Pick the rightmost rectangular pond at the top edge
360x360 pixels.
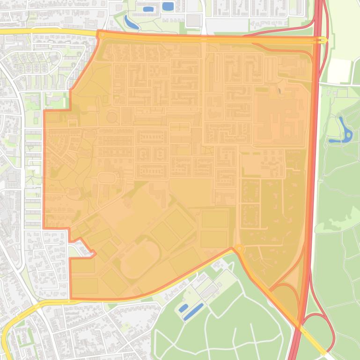pyautogui.click(x=167, y=7)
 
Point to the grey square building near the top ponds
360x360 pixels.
pyautogui.click(x=193, y=20)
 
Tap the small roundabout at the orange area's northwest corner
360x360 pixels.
pyautogui.click(x=101, y=34)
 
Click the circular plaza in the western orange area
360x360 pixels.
pyautogui.click(x=112, y=116)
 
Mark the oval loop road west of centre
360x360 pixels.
pyautogui.click(x=107, y=178)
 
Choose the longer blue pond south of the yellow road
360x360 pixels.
pyautogui.click(x=193, y=312)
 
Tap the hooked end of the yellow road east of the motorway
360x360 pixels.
pyautogui.click(x=324, y=41)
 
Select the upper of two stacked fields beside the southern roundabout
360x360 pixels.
pyautogui.click(x=214, y=220)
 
